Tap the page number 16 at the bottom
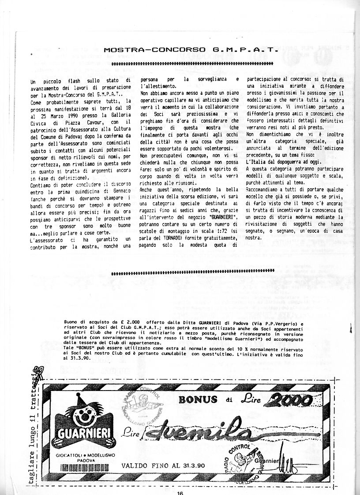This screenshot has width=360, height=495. pyautogui.click(x=180, y=492)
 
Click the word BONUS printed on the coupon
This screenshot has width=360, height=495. pyautogui.click(x=198, y=399)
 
